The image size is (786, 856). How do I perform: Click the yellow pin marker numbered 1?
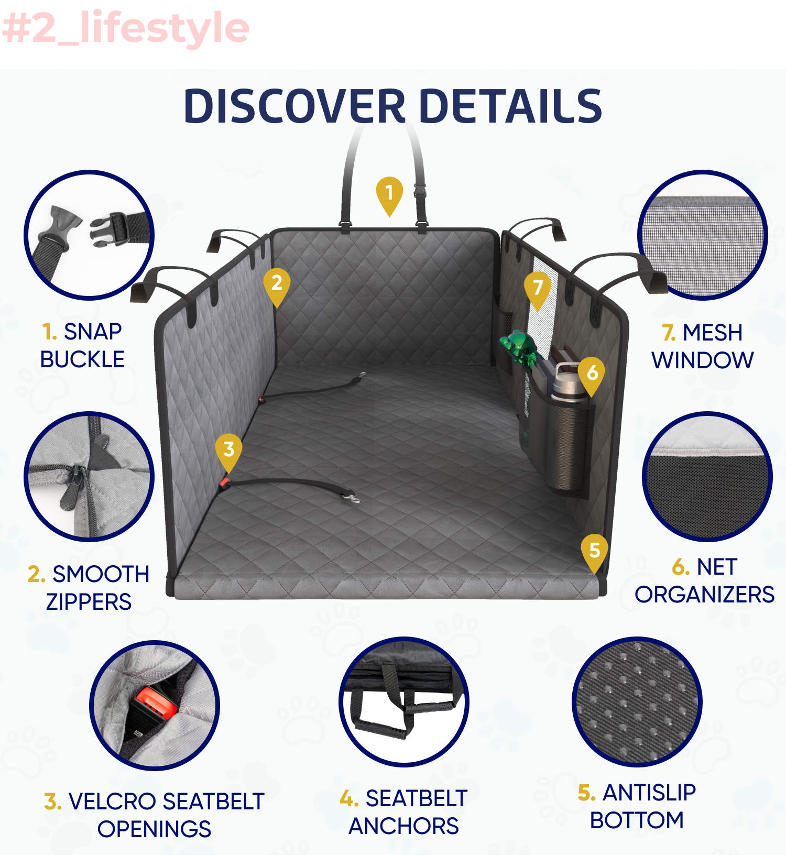389,194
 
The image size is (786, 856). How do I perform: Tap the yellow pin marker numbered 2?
277,284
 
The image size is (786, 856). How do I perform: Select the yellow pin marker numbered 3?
228,451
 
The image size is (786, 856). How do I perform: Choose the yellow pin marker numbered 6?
592,374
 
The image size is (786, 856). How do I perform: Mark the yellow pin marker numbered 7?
538,289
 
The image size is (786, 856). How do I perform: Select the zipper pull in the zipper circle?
71,490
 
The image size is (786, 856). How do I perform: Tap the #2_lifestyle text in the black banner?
126,29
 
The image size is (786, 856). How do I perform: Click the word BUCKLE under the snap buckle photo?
82,360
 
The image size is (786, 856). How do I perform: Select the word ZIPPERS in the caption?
89,602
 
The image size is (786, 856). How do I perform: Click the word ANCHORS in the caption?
403,827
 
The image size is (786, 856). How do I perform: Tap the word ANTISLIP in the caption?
649,793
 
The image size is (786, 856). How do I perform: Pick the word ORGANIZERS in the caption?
704,595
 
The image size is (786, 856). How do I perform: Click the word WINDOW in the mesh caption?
702,360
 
